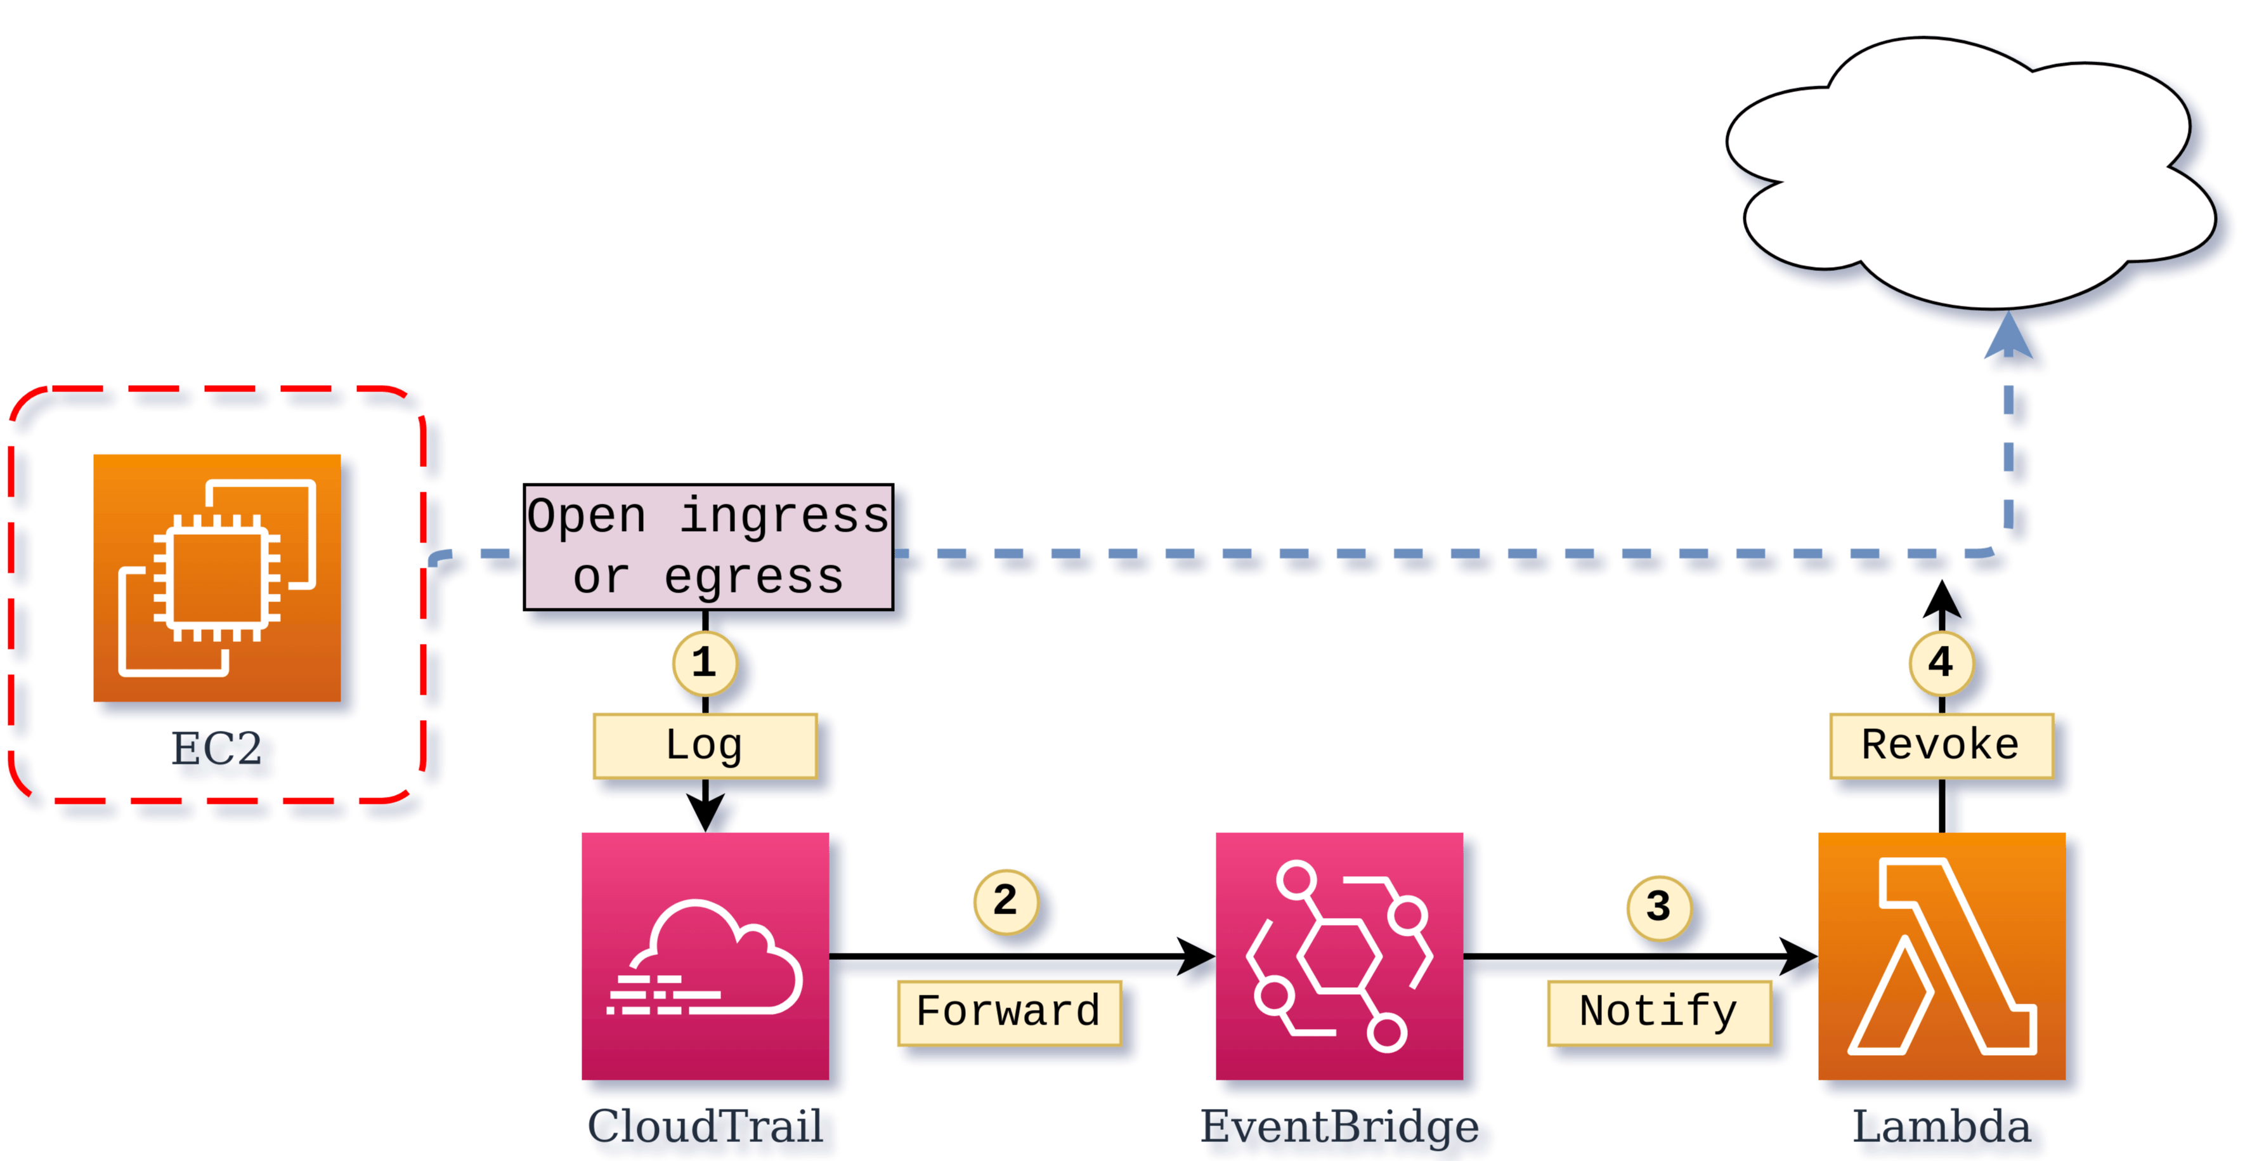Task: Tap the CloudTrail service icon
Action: point(705,956)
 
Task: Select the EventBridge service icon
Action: point(1339,956)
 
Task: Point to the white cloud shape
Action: point(1970,174)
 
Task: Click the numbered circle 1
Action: point(704,664)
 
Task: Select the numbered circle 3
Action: point(1658,907)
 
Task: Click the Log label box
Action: point(704,746)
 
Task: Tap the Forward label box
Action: point(1008,1013)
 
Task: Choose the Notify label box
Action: point(1658,1013)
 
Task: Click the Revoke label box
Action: point(1941,746)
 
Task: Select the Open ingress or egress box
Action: point(708,546)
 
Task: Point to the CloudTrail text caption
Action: point(708,1128)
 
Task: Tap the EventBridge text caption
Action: point(1339,1128)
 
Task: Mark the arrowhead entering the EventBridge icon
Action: point(1197,956)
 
